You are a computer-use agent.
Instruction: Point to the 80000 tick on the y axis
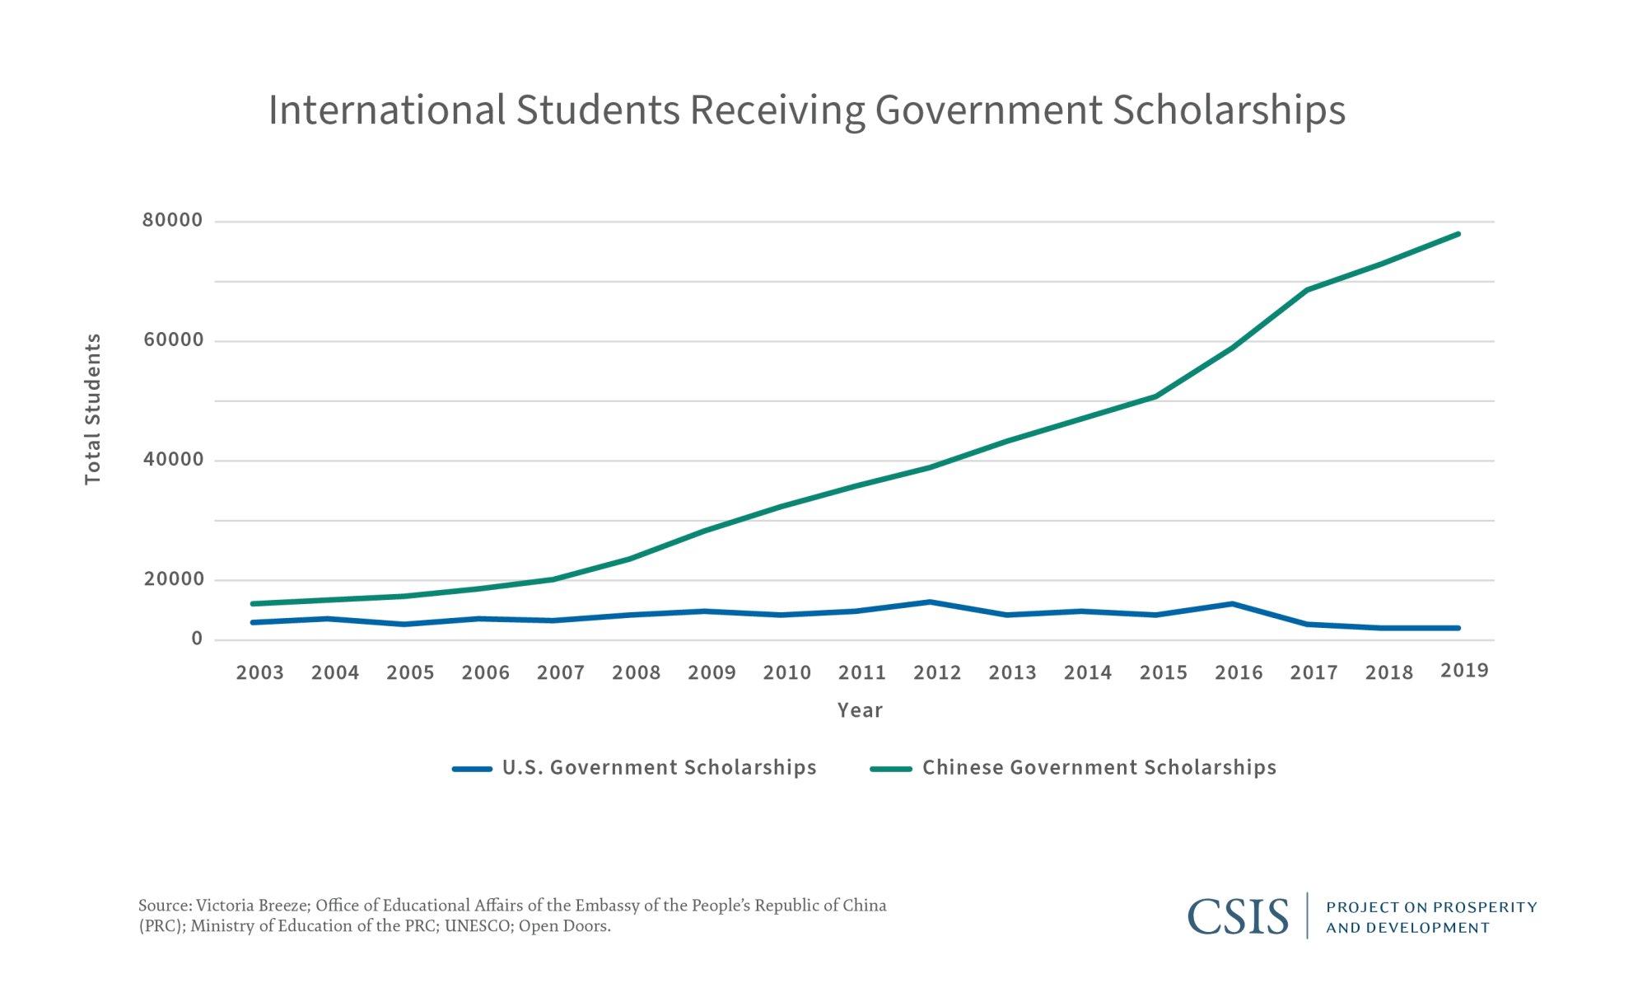click(x=172, y=220)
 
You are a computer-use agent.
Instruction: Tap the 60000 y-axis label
click(x=173, y=339)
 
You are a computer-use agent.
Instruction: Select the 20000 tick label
click(x=174, y=579)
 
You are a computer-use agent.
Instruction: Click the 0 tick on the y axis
click(x=197, y=639)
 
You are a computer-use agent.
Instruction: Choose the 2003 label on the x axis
click(x=259, y=673)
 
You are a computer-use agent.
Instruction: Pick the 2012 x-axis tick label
click(x=937, y=673)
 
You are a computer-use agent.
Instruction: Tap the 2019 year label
click(x=1464, y=671)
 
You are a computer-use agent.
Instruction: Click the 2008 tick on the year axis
click(x=636, y=673)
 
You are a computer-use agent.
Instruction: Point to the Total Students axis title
click(x=92, y=410)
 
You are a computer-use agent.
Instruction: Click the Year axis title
click(x=860, y=710)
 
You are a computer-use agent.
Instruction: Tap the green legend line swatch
click(x=891, y=770)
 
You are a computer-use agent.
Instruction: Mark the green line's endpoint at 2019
click(x=1458, y=234)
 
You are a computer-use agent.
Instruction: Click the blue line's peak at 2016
click(x=1232, y=604)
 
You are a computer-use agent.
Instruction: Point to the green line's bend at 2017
click(x=1307, y=290)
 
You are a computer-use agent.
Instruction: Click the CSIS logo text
click(x=1238, y=916)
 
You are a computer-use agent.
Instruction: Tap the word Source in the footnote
click(x=164, y=906)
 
